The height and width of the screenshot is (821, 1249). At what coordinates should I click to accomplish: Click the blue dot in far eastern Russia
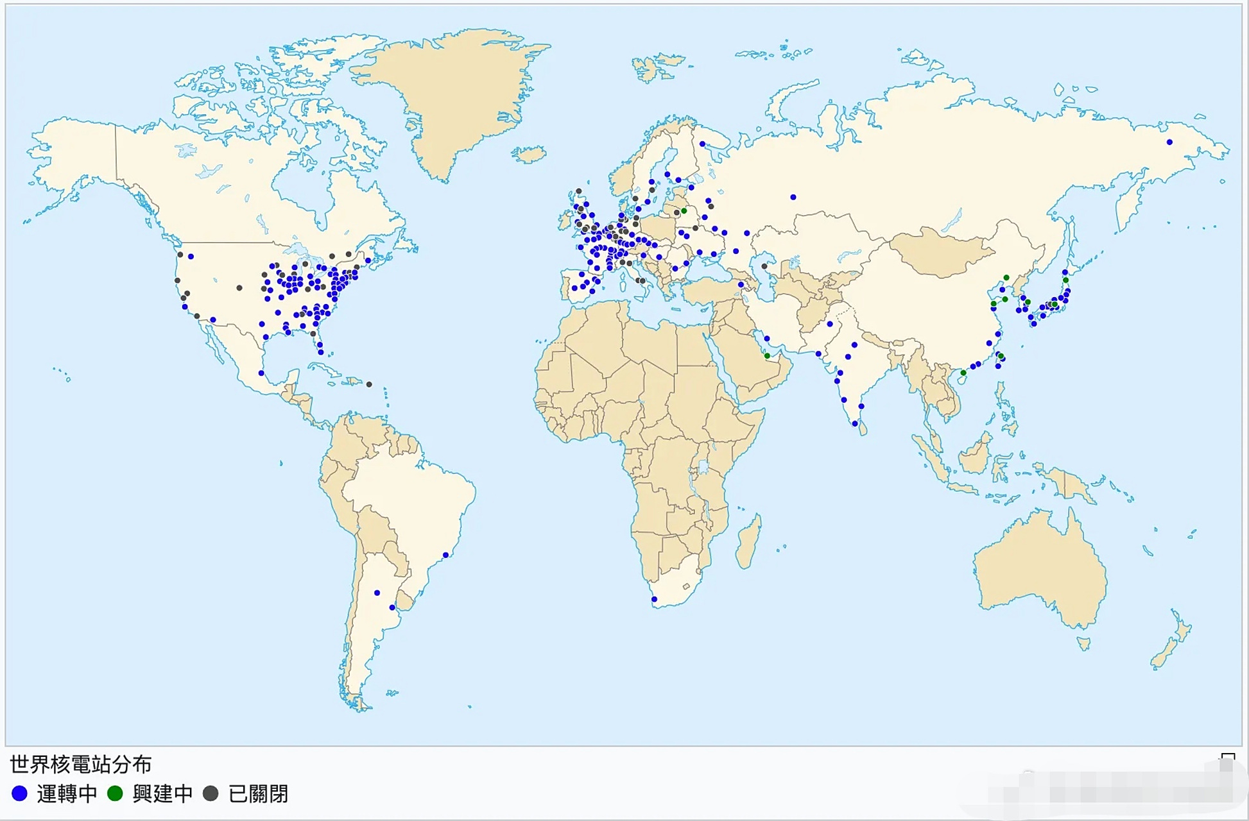coord(1169,142)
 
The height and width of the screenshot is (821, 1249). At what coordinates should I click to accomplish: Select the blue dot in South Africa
coord(654,600)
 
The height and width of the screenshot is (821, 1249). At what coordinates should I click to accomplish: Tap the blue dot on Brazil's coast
coord(445,555)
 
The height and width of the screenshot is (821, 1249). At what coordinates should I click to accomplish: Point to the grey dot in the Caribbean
coord(369,385)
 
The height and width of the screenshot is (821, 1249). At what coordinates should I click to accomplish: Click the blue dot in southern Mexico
coord(261,373)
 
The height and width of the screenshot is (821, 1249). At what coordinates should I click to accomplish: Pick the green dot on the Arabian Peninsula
coord(767,356)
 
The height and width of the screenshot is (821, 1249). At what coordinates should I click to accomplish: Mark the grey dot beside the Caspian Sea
coord(764,266)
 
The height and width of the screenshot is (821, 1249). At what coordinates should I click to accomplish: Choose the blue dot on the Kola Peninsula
coord(702,144)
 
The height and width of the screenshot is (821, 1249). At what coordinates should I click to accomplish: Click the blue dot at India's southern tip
coord(855,424)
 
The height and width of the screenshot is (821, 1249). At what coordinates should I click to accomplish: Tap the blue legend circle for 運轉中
coord(20,794)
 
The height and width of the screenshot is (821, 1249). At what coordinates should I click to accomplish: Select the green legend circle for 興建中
coord(115,794)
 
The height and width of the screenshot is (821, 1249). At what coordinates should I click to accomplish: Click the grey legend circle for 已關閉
coord(211,794)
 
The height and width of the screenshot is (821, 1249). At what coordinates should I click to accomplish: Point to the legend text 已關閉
coord(258,794)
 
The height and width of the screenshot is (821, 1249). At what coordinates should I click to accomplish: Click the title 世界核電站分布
coord(81,765)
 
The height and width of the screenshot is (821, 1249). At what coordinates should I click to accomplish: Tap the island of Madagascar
coord(748,542)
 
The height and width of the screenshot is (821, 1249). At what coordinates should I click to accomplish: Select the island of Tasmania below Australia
coord(1083,643)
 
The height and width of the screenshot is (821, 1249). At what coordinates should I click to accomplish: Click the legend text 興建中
coord(162,794)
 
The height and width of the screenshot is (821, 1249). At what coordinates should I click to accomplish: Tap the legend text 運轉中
coord(67,794)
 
